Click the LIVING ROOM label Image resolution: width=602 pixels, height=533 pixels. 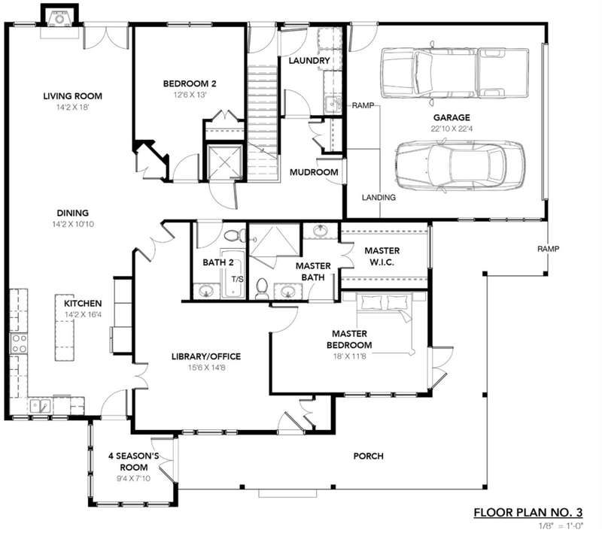[72, 96]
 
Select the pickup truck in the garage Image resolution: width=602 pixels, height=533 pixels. [455, 73]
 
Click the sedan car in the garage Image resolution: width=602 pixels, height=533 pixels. [460, 165]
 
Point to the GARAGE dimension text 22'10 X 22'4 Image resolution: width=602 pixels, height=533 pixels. [451, 129]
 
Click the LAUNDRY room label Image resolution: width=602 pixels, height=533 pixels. [309, 61]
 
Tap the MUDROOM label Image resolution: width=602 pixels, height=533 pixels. [314, 172]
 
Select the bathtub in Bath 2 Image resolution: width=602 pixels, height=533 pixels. [233, 274]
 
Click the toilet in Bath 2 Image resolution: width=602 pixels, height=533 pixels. [235, 235]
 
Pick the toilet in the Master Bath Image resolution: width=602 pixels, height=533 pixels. [262, 289]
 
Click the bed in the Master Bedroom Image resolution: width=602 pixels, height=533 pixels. [385, 323]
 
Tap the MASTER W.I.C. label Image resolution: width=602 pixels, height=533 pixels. [382, 256]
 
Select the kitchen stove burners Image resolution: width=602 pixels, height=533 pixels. [18, 344]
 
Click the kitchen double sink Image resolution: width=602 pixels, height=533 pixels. [41, 405]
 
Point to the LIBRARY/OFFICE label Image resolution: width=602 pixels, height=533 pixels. [206, 356]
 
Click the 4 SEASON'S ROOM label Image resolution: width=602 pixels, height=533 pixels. [134, 462]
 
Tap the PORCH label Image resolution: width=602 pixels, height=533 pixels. [368, 456]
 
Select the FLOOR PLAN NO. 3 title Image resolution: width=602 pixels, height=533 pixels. [528, 512]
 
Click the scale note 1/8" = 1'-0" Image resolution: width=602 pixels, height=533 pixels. [561, 525]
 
